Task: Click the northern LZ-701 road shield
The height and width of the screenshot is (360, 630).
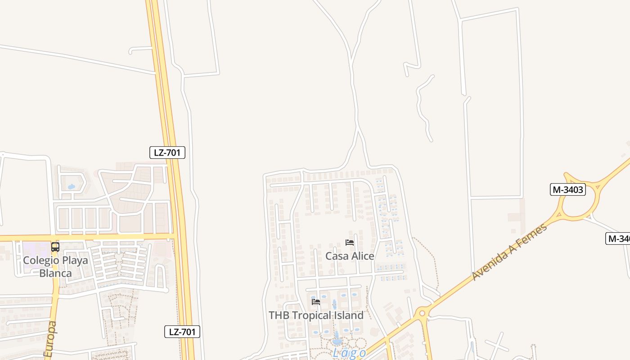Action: (x=167, y=153)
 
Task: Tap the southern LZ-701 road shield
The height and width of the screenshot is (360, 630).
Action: (x=182, y=332)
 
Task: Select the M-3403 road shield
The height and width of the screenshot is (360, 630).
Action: (x=568, y=189)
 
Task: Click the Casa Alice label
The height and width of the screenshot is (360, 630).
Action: (x=350, y=256)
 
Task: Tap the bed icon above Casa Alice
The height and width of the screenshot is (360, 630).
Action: (x=350, y=243)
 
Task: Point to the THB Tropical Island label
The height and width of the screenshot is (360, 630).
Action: (x=316, y=315)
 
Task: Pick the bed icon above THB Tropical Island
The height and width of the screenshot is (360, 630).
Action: (x=316, y=301)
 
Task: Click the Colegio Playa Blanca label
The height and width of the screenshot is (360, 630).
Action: (x=55, y=266)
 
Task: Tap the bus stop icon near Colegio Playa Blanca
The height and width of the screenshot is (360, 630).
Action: (x=55, y=247)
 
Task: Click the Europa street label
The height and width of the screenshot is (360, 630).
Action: (x=51, y=340)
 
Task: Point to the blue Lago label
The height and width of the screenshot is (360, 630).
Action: (x=349, y=353)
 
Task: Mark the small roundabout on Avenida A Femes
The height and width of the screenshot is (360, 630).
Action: (x=422, y=313)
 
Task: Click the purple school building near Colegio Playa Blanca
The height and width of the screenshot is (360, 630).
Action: (x=35, y=248)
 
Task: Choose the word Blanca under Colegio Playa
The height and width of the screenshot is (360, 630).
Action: (x=55, y=273)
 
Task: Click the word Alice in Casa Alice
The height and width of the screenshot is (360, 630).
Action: (x=362, y=256)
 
